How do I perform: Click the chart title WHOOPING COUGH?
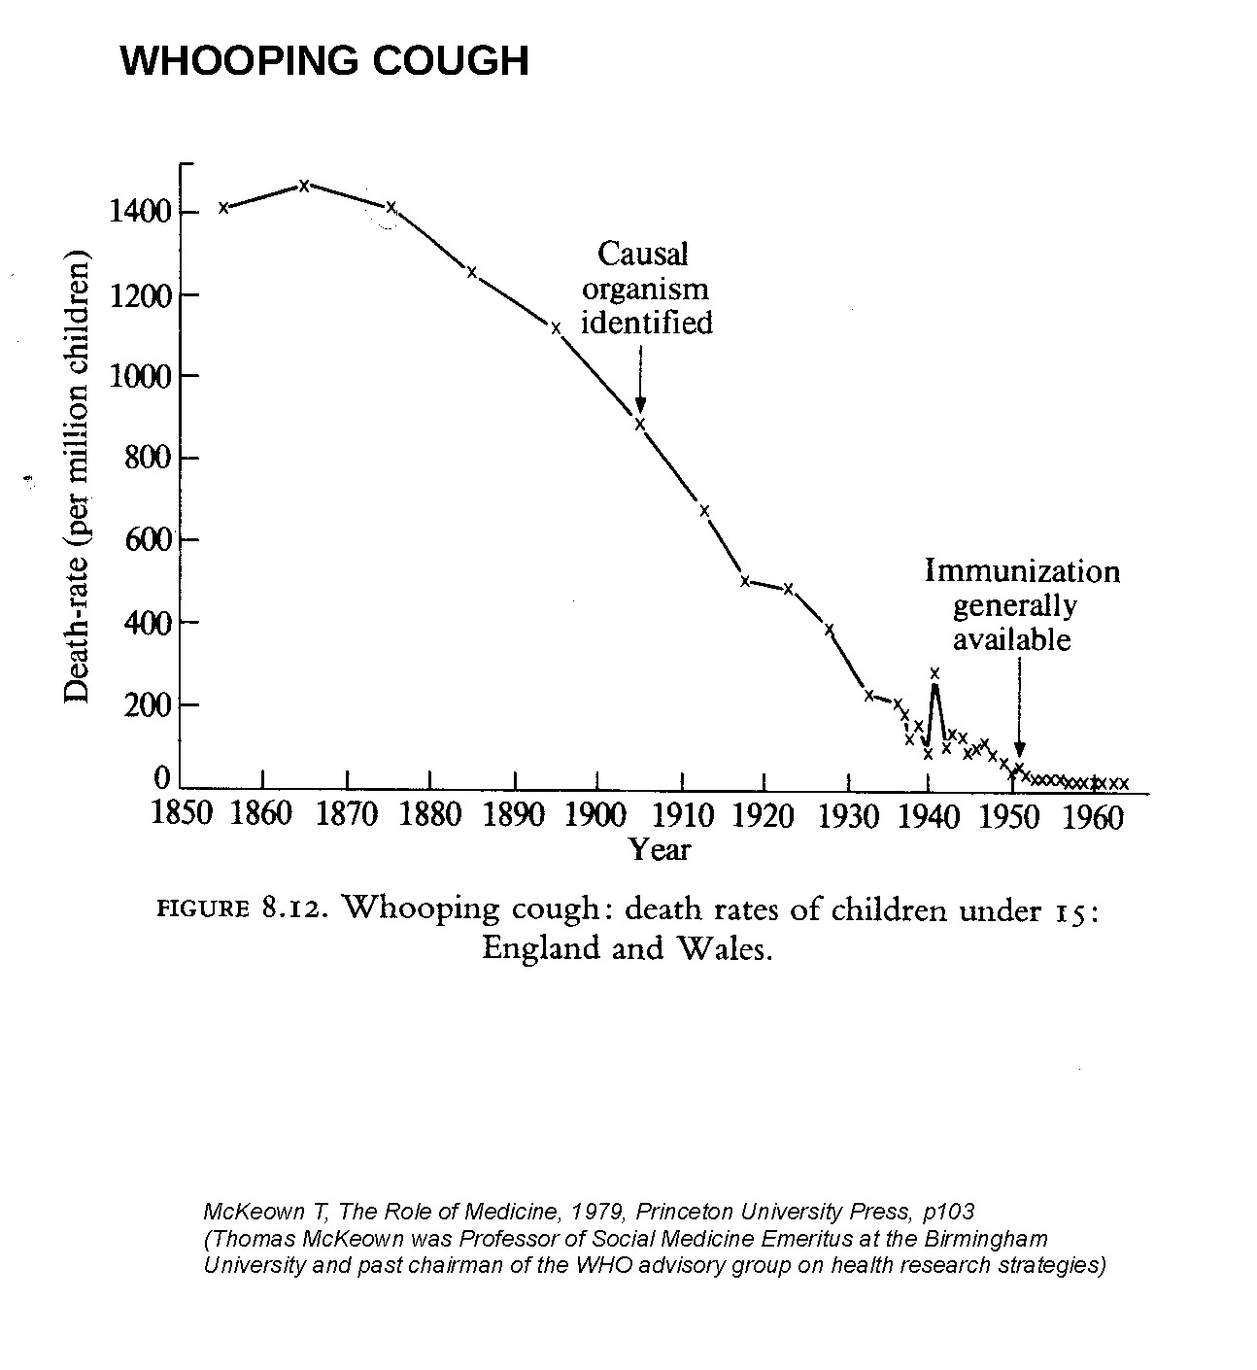pos(324,60)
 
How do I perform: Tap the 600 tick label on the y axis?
pos(149,540)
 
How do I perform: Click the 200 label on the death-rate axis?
pos(149,704)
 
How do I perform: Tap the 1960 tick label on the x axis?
pos(1094,816)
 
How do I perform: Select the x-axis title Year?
pos(660,850)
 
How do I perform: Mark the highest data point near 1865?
pos(304,186)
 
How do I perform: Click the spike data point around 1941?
pos(934,672)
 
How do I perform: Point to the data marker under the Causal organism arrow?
pos(640,424)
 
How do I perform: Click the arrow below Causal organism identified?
pos(640,379)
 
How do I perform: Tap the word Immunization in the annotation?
pos(1022,570)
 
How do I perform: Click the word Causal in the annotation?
pos(642,254)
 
